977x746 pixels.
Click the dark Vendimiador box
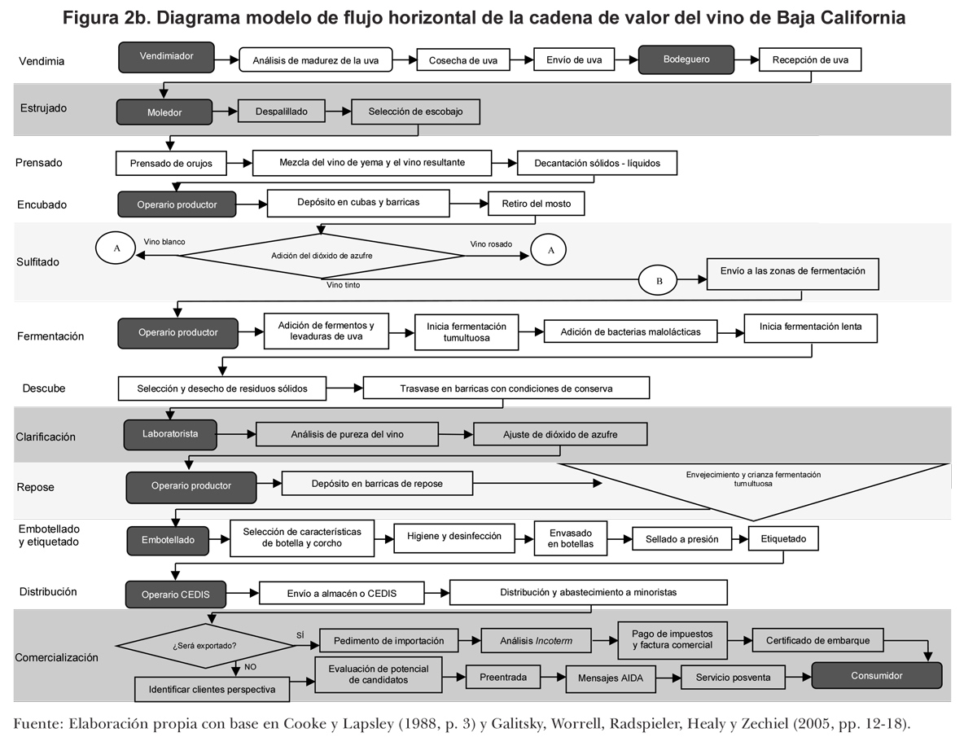point(166,57)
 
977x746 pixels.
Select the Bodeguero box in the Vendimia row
point(686,59)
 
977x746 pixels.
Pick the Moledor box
point(164,112)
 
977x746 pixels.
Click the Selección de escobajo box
point(415,112)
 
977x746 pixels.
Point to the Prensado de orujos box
point(171,164)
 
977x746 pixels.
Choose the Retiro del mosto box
point(536,203)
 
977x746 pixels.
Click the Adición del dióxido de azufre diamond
point(322,255)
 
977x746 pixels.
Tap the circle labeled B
point(660,281)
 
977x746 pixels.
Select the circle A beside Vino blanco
point(116,248)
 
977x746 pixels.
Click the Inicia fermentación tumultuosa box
point(466,331)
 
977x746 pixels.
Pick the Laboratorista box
point(172,434)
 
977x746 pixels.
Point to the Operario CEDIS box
point(175,595)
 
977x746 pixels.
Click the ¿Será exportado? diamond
point(205,646)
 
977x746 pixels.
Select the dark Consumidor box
point(876,675)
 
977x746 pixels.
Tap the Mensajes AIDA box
point(611,678)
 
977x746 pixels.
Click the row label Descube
point(44,388)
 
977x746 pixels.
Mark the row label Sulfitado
point(37,262)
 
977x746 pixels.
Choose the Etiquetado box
point(783,538)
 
